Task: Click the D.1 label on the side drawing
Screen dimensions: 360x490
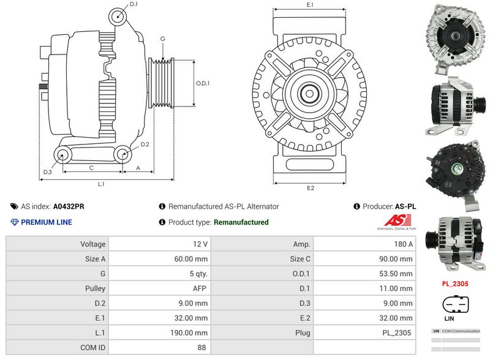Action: point(134,4)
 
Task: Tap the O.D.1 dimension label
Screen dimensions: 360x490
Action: point(203,83)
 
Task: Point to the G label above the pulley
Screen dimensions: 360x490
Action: point(162,39)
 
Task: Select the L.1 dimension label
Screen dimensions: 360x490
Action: point(101,184)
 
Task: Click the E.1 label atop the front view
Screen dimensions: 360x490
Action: point(310,5)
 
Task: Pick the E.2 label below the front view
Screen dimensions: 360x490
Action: point(310,188)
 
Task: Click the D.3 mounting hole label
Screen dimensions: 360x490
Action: point(47,172)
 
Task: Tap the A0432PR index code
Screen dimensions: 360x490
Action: point(69,206)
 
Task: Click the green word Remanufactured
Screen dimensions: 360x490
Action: point(241,222)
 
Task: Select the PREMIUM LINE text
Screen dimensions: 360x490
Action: point(46,222)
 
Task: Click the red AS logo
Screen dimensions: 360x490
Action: point(395,220)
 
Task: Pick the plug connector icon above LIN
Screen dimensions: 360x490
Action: point(456,304)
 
